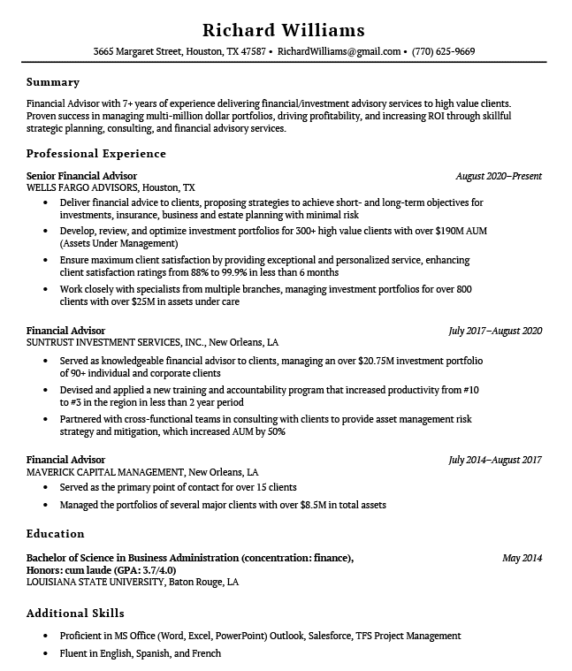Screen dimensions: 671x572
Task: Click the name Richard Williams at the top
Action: point(283,29)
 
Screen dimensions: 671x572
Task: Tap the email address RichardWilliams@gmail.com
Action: point(339,51)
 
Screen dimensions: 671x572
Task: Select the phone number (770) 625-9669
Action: point(443,51)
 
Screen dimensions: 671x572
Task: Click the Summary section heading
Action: point(53,82)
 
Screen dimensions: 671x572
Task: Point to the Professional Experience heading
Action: point(96,154)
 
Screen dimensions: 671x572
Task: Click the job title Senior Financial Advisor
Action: point(81,176)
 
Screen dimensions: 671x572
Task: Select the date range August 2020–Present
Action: point(499,176)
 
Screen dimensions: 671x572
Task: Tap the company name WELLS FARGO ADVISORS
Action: point(82,188)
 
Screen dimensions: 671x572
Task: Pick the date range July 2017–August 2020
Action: point(495,331)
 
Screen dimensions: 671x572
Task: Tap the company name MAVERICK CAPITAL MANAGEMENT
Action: point(104,472)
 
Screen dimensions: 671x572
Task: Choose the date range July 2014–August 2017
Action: point(495,460)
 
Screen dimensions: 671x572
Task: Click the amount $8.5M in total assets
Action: point(313,506)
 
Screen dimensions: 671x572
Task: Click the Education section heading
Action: point(55,534)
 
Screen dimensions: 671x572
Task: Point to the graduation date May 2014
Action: point(522,558)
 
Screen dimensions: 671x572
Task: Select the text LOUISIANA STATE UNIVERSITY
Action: point(95,583)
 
